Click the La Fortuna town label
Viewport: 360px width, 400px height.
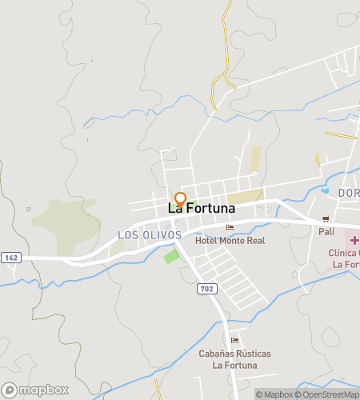pyautogui.click(x=201, y=208)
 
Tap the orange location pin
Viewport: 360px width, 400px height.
pyautogui.click(x=181, y=199)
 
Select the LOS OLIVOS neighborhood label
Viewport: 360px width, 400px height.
pyautogui.click(x=150, y=235)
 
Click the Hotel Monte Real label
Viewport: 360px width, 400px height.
pyautogui.click(x=234, y=240)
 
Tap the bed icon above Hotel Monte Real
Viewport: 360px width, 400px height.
pyautogui.click(x=230, y=228)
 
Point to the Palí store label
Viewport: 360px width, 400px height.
pyautogui.click(x=326, y=231)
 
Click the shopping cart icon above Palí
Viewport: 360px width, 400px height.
pyautogui.click(x=326, y=219)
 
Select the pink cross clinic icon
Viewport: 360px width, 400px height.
pyautogui.click(x=353, y=240)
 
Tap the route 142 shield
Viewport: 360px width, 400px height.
pyautogui.click(x=10, y=257)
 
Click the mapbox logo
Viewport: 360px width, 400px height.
pyautogui.click(x=34, y=390)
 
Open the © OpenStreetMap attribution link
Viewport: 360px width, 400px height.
pyautogui.click(x=328, y=394)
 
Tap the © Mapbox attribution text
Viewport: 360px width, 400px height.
pyautogui.click(x=274, y=394)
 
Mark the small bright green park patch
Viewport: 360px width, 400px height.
pyautogui.click(x=171, y=257)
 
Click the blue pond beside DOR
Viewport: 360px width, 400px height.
pyautogui.click(x=326, y=191)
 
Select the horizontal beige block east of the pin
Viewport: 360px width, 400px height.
pyautogui.click(x=244, y=196)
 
